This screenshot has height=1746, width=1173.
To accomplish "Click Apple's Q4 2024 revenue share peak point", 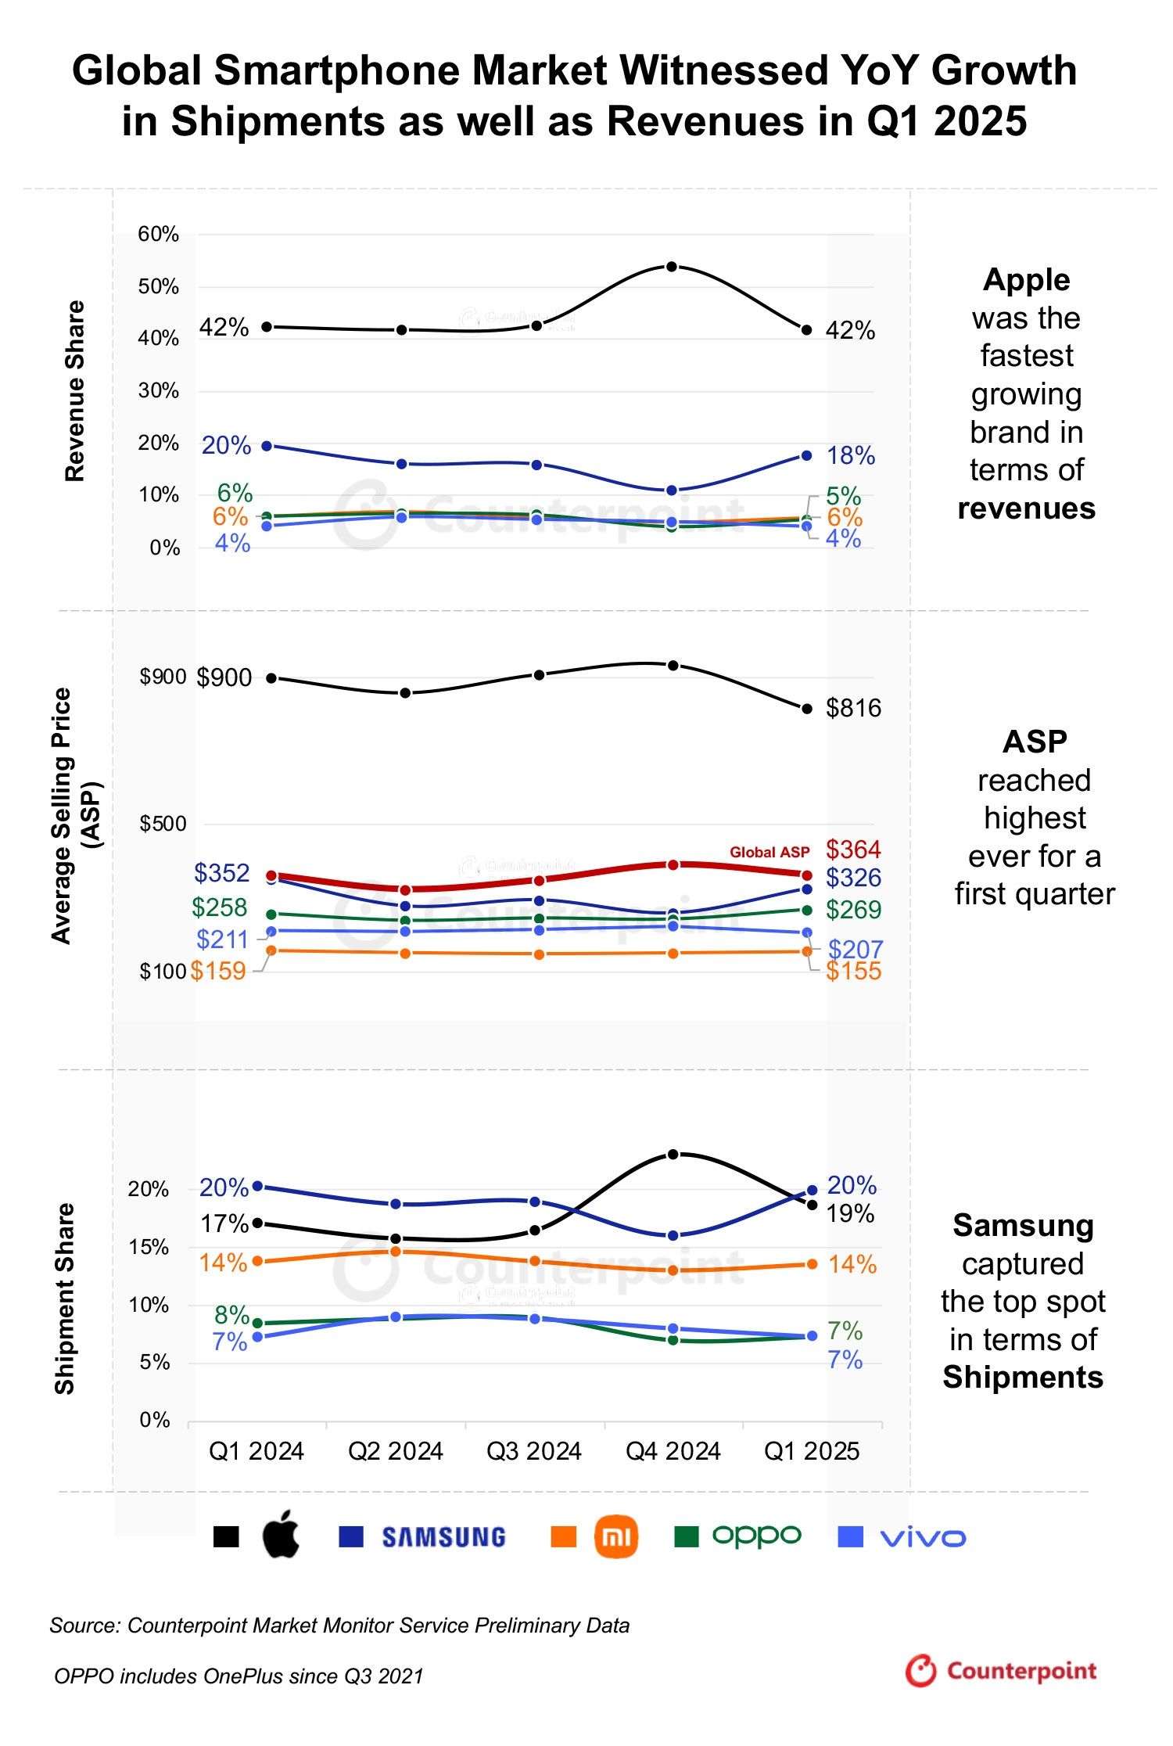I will (x=671, y=267).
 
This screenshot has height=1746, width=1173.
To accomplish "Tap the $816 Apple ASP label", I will (x=853, y=708).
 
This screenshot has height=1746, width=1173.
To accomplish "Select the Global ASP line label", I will (x=769, y=852).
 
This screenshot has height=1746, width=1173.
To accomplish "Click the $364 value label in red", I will (x=853, y=849).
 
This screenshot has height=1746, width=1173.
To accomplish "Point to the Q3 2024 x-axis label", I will (x=534, y=1451).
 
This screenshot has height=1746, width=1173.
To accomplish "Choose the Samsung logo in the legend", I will (x=443, y=1537).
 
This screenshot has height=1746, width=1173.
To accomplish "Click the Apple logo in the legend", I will (x=281, y=1535).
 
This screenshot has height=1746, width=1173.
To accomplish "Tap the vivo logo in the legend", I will (x=923, y=1538).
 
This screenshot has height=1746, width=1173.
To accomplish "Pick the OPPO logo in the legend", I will (x=756, y=1536).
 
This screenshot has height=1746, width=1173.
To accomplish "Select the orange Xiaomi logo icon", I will (x=616, y=1536).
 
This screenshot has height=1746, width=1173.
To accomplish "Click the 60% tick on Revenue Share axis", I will (x=158, y=234).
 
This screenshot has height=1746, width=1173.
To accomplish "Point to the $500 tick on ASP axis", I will (x=163, y=824).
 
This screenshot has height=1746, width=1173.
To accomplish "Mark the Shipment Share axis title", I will (x=65, y=1299).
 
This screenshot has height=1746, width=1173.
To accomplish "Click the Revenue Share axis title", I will (x=74, y=390).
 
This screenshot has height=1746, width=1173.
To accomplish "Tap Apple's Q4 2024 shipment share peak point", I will (x=673, y=1154).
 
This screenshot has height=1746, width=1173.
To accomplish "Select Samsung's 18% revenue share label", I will (x=851, y=455).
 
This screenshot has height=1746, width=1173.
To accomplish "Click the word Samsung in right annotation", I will (x=1023, y=1226).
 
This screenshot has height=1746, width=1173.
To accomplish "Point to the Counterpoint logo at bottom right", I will (x=1001, y=1671).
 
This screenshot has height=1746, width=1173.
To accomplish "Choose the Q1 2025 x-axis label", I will (x=812, y=1451).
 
